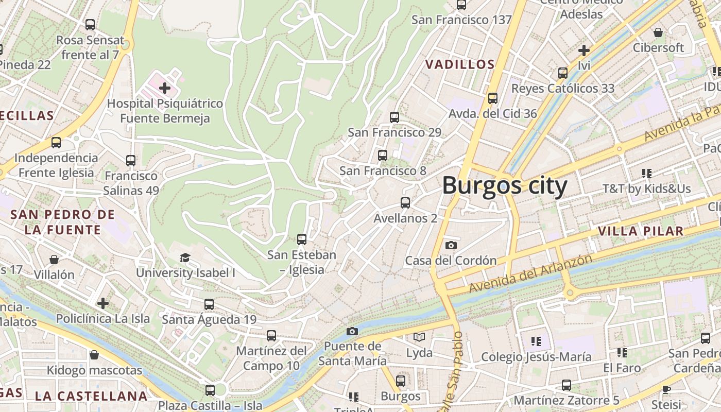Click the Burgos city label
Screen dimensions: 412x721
[505, 185]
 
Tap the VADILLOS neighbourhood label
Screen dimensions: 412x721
[460, 64]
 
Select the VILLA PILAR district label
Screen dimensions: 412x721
[641, 231]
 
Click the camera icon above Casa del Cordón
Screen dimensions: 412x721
[451, 245]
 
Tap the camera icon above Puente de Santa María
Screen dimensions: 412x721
[352, 331]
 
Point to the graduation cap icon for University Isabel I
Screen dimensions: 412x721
[185, 257]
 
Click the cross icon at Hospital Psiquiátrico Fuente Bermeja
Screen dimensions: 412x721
[165, 88]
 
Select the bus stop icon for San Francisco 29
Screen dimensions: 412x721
[394, 117]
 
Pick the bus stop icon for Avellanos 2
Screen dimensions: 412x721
[405, 203]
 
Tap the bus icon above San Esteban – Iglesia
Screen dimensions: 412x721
[302, 239]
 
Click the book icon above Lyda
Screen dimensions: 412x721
[419, 337]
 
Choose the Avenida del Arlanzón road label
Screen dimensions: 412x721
[530, 274]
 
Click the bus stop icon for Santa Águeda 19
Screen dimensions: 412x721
[209, 304]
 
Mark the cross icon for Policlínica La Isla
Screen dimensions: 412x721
[103, 303]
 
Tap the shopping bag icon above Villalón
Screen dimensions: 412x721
[54, 260]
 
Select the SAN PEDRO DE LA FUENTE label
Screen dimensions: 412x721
[62, 222]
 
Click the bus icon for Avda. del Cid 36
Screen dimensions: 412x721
[493, 98]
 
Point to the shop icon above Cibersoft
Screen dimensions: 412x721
[658, 32]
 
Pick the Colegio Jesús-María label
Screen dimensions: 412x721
[536, 357]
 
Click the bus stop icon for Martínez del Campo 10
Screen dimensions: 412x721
[271, 336]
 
